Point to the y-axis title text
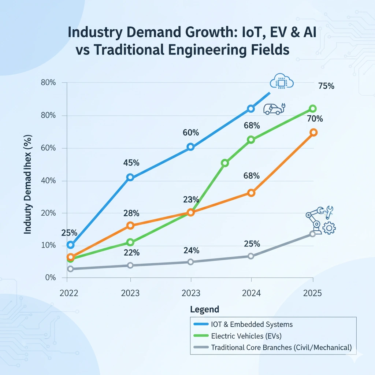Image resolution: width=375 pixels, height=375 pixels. [28, 185]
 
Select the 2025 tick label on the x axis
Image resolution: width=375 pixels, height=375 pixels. [313, 293]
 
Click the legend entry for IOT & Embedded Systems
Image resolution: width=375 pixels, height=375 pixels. [252, 324]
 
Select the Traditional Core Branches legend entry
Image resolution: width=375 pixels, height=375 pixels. [281, 348]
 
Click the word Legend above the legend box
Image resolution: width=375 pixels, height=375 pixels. [205, 309]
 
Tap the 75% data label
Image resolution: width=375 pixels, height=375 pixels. [326, 86]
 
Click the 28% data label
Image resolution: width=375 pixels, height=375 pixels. [131, 213]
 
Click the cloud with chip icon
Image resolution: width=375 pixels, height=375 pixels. [281, 81]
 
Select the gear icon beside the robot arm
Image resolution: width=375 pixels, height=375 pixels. [329, 229]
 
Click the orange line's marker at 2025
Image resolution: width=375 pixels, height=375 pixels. [313, 133]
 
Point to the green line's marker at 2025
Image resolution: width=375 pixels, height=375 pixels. [313, 109]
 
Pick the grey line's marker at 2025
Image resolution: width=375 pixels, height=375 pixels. [312, 234]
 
